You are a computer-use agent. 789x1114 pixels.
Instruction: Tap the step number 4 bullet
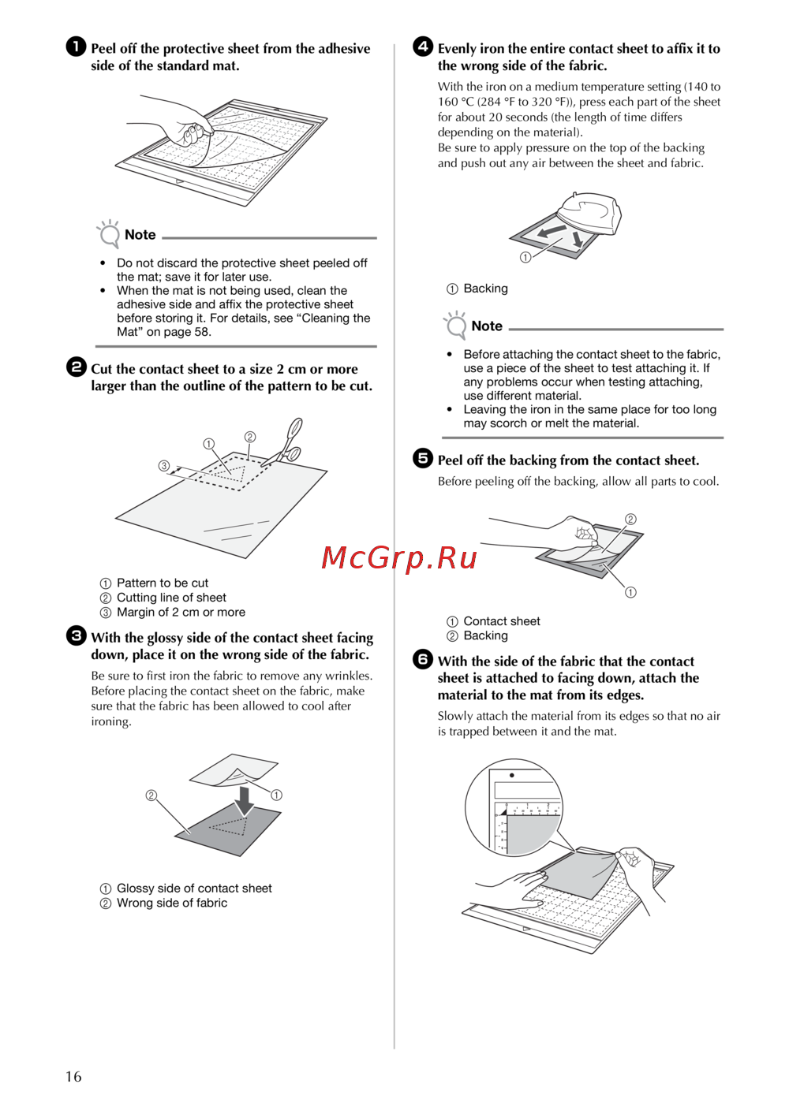tap(423, 47)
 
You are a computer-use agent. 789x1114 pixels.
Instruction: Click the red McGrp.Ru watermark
tap(399, 557)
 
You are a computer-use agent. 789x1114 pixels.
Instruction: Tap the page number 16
tap(73, 1077)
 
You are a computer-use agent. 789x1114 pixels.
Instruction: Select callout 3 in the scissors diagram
tap(164, 465)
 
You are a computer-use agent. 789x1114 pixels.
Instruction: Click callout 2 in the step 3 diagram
tap(151, 795)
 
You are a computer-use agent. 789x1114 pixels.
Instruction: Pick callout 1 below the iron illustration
tap(525, 257)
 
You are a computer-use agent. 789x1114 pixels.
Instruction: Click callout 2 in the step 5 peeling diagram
tap(630, 520)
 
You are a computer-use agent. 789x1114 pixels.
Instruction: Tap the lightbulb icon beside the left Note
tap(109, 233)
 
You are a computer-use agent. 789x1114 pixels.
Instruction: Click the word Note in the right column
tap(487, 326)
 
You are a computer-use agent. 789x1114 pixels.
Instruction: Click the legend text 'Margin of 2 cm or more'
tap(181, 613)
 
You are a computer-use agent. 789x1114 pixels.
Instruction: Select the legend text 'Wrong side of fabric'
tap(172, 903)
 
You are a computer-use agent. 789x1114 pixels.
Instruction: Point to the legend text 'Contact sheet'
tap(502, 621)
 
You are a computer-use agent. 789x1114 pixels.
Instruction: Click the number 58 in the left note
tap(201, 332)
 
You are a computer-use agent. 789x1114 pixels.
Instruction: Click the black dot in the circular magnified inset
tap(512, 775)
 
